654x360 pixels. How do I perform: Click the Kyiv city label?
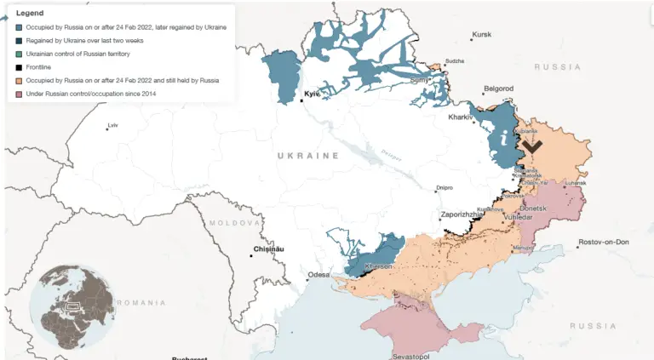coord(312,94)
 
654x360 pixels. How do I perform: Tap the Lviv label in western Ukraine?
coord(112,126)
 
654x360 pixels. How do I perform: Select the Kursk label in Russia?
coord(482,34)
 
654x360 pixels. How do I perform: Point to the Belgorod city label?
coord(498,88)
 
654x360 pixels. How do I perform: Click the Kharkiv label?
coord(460,117)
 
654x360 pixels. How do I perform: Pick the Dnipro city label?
coord(444,187)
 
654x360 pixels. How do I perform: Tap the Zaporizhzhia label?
coord(463,214)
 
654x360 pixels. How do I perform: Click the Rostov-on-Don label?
coord(603,242)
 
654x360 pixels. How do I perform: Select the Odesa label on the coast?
coord(318,274)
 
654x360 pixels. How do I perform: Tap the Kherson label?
coord(378,266)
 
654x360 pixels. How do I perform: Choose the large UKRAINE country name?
coord(307,156)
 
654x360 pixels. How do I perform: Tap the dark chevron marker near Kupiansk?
coord(532,146)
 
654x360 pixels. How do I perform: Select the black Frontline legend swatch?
coord(19,66)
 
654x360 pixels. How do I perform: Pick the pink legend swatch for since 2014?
coord(19,93)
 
